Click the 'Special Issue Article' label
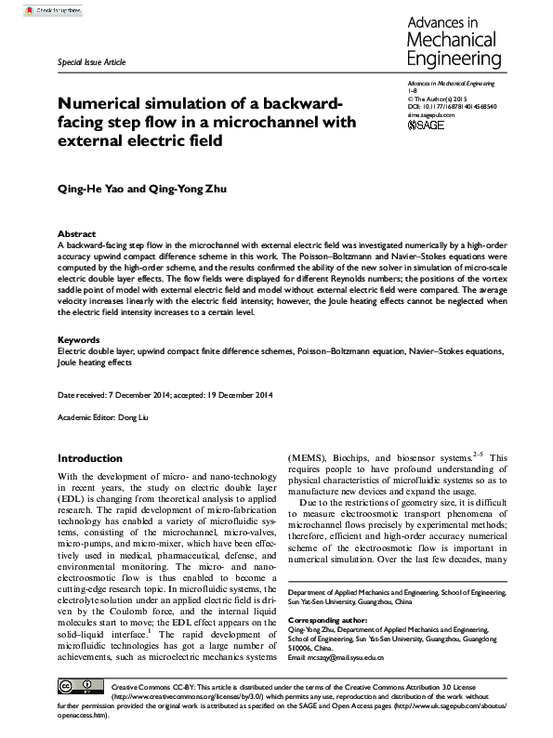pyautogui.click(x=91, y=61)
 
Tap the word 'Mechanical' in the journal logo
pyautogui.click(x=454, y=40)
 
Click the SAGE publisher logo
pyautogui.click(x=427, y=124)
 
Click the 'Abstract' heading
pyautogui.click(x=76, y=233)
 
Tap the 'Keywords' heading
pyautogui.click(x=79, y=340)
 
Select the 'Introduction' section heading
pyautogui.click(x=90, y=458)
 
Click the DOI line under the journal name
pyautogui.click(x=453, y=107)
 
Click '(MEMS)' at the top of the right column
pyautogui.click(x=308, y=458)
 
